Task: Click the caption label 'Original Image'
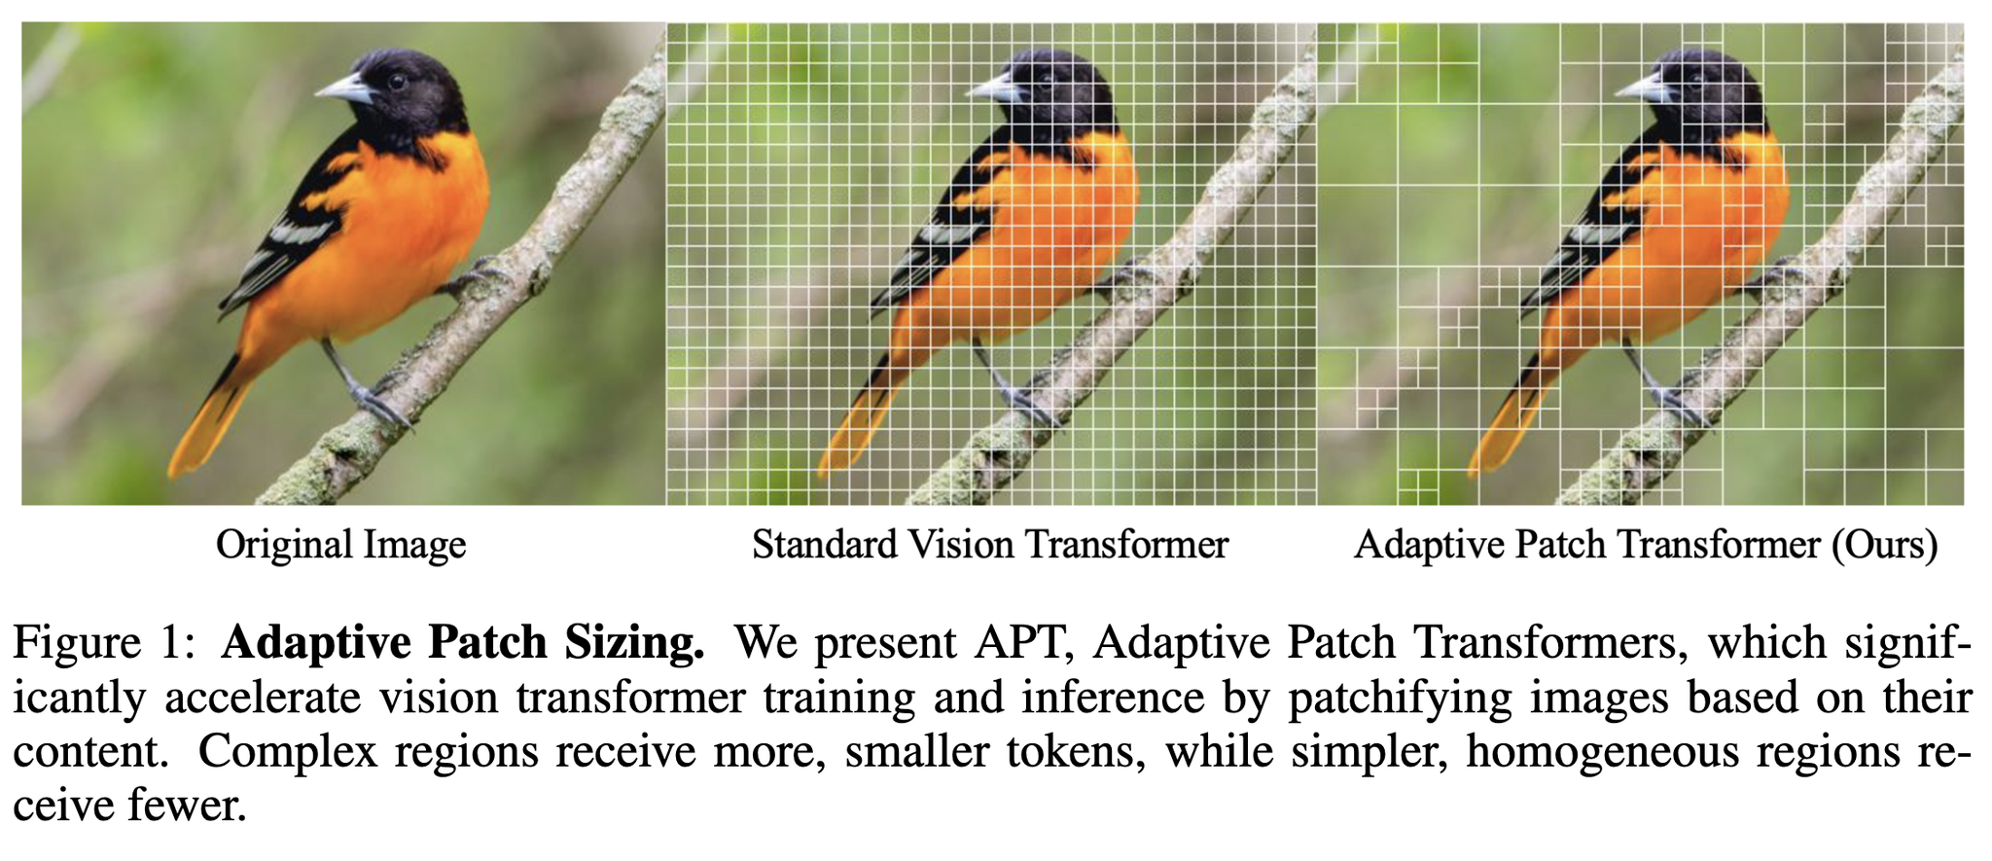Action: click(341, 545)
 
